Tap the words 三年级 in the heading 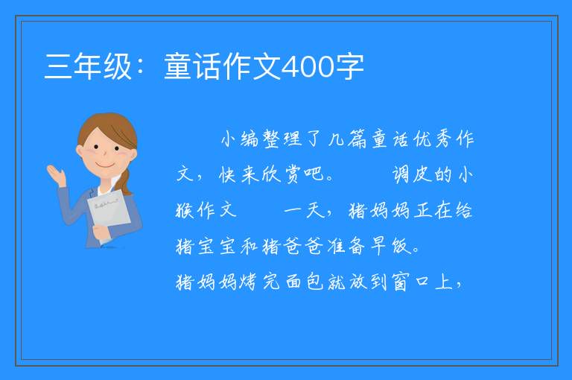click(88, 66)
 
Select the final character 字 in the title click(350, 66)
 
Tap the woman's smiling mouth click(105, 165)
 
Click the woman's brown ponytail click(126, 181)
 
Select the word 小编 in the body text click(240, 139)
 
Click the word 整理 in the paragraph click(283, 139)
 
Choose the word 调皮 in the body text click(412, 174)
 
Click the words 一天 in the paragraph click(304, 210)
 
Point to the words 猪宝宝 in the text click(206, 246)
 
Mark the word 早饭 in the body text click(390, 246)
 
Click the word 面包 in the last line click(304, 282)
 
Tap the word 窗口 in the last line click(411, 282)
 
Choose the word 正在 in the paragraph click(433, 210)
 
